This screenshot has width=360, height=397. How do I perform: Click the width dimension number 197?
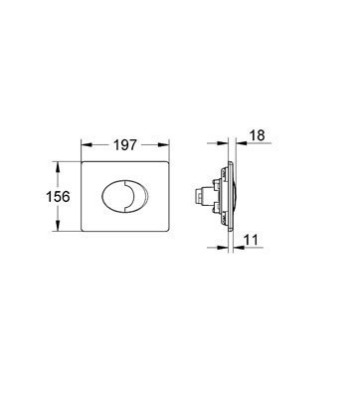(x=125, y=145)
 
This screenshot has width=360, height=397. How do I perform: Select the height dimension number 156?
(x=58, y=197)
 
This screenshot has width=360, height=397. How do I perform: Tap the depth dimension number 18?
(x=257, y=135)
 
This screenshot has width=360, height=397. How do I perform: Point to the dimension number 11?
(x=252, y=240)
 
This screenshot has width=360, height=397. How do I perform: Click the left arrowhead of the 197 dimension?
(x=87, y=144)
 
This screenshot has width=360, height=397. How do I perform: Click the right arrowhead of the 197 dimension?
(x=163, y=144)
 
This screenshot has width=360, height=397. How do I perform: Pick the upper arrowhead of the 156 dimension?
(x=58, y=167)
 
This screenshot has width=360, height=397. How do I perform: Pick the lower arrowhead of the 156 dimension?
(x=58, y=226)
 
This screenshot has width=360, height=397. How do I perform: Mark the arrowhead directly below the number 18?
(x=241, y=143)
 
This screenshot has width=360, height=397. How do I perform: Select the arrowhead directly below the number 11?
(x=239, y=247)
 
